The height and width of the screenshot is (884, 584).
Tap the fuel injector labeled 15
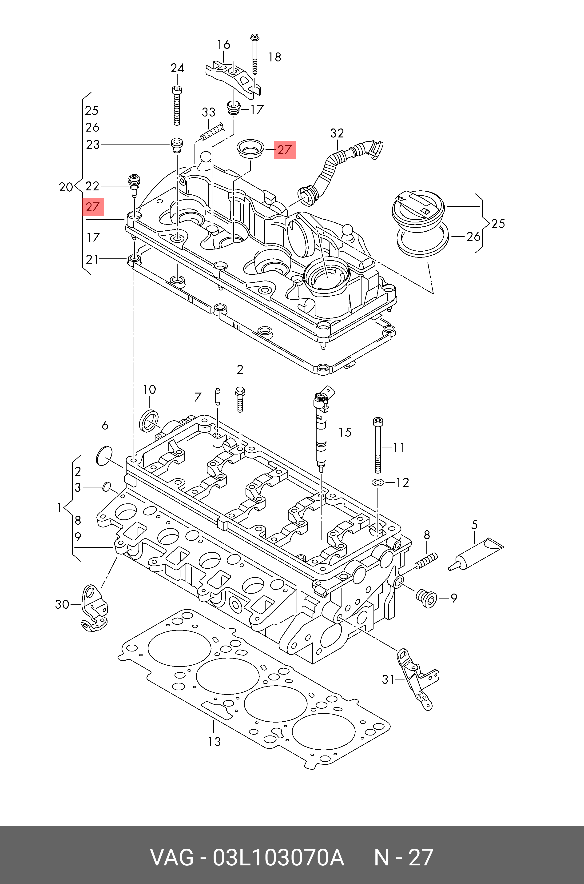coord(321,429)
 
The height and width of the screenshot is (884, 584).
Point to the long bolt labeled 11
coord(378,445)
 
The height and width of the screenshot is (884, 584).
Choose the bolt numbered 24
coord(177,106)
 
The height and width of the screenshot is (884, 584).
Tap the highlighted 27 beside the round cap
coord(285,150)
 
